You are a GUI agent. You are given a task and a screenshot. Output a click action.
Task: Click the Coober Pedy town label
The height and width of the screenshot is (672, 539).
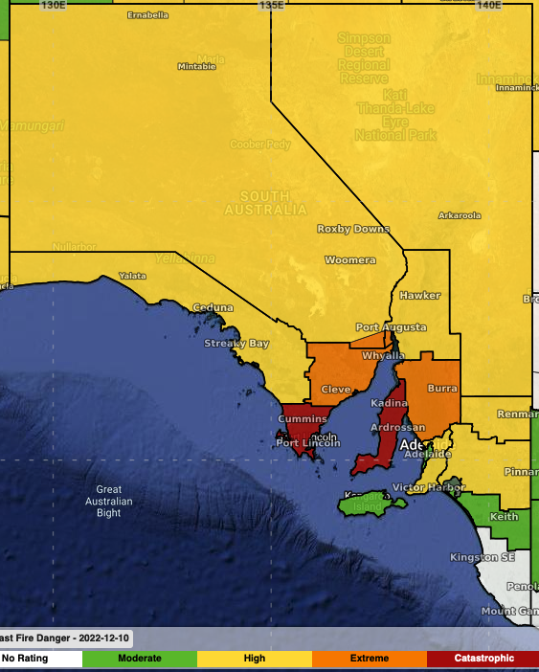click(259, 145)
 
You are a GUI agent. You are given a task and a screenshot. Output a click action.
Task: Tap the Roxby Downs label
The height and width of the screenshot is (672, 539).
click(353, 229)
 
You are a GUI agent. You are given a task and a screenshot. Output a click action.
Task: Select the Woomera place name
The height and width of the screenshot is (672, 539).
click(350, 260)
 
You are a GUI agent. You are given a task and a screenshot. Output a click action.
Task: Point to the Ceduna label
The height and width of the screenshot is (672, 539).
click(213, 307)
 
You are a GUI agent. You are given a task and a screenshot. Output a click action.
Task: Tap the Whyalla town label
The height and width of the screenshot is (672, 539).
click(384, 355)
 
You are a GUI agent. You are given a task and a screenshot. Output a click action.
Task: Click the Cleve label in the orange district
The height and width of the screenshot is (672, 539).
click(336, 390)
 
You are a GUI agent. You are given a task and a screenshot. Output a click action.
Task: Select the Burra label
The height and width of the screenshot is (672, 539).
click(442, 389)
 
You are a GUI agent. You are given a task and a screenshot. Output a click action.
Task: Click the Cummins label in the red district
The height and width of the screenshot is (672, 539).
click(303, 419)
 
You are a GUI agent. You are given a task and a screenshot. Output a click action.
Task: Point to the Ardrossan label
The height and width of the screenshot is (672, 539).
click(399, 427)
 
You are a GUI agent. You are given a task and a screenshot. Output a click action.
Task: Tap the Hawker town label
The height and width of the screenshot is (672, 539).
click(420, 295)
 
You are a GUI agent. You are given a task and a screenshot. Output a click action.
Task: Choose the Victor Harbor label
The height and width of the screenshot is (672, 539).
click(421, 488)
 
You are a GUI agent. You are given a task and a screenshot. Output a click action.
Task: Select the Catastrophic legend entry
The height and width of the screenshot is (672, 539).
click(483, 659)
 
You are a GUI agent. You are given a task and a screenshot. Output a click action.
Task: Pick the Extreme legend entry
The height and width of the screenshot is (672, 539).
click(370, 659)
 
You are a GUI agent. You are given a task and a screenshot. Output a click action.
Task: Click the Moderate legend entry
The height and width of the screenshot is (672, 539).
click(140, 659)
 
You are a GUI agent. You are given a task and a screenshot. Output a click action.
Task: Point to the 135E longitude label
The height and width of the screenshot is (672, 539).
click(272, 6)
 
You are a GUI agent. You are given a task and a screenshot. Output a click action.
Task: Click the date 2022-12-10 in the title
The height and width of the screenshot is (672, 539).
click(97, 638)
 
